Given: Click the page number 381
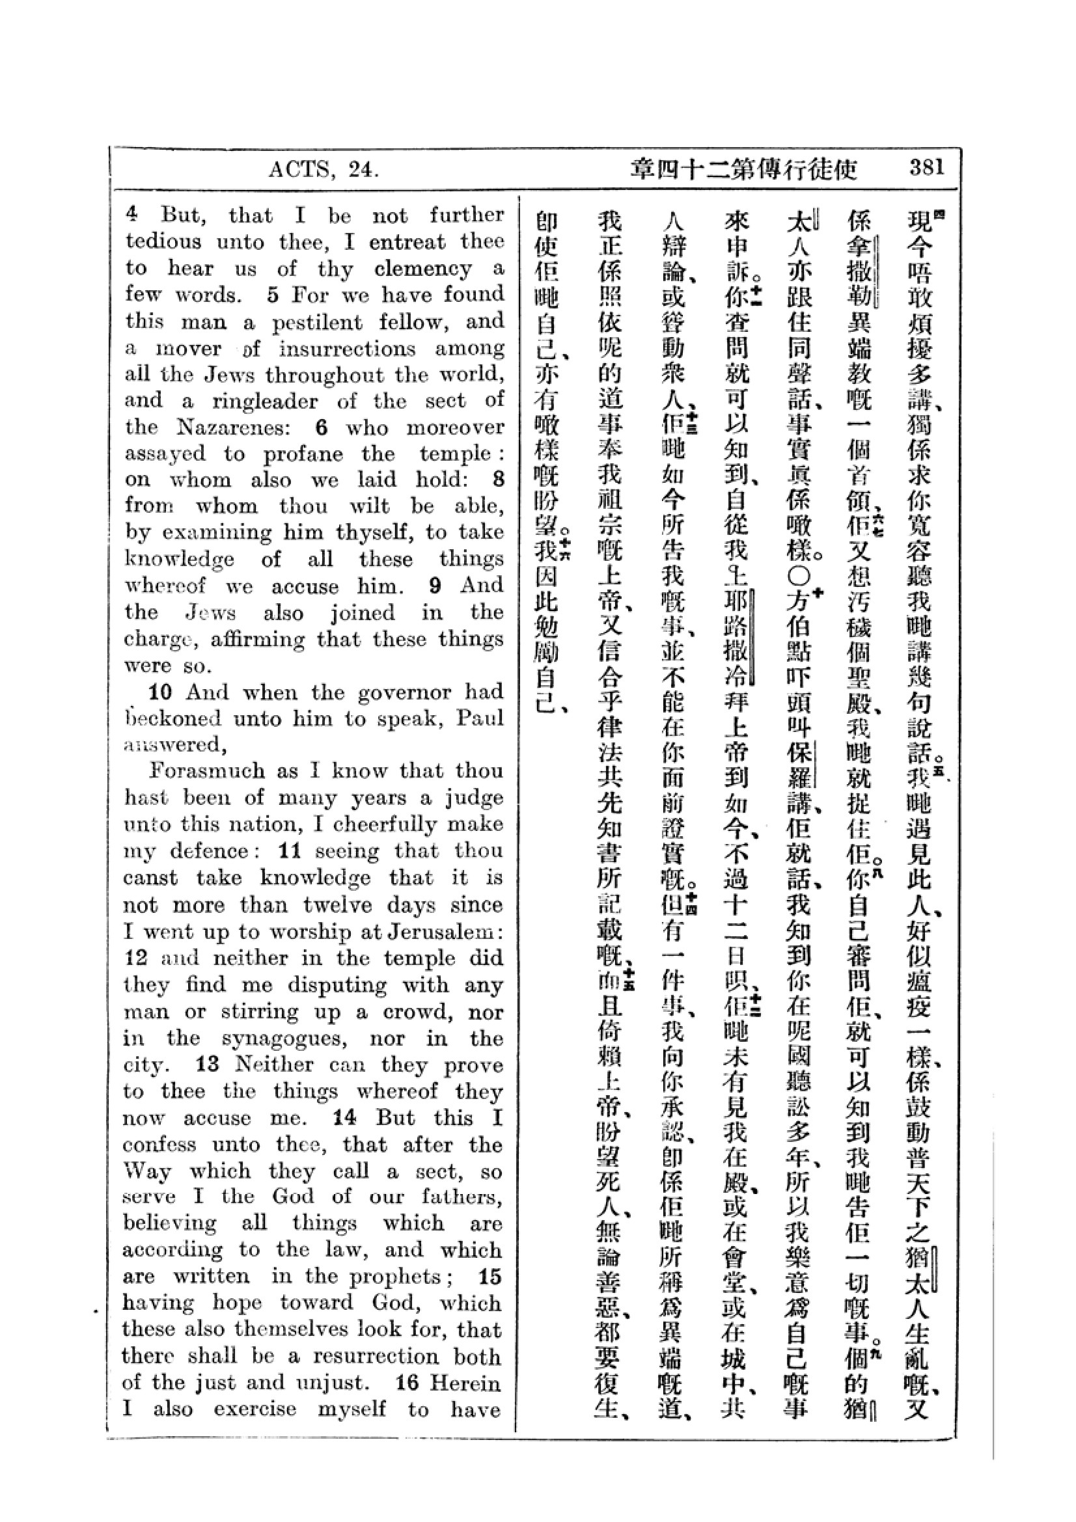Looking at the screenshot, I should click(926, 168).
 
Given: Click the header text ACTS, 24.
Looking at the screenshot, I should click(324, 170).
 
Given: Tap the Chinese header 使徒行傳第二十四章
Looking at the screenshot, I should click(744, 170).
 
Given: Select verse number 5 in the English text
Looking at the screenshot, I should click(273, 295).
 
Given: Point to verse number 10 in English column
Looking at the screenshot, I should click(160, 693).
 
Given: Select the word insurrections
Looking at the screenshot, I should click(347, 349).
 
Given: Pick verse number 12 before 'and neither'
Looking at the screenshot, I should click(135, 958).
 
